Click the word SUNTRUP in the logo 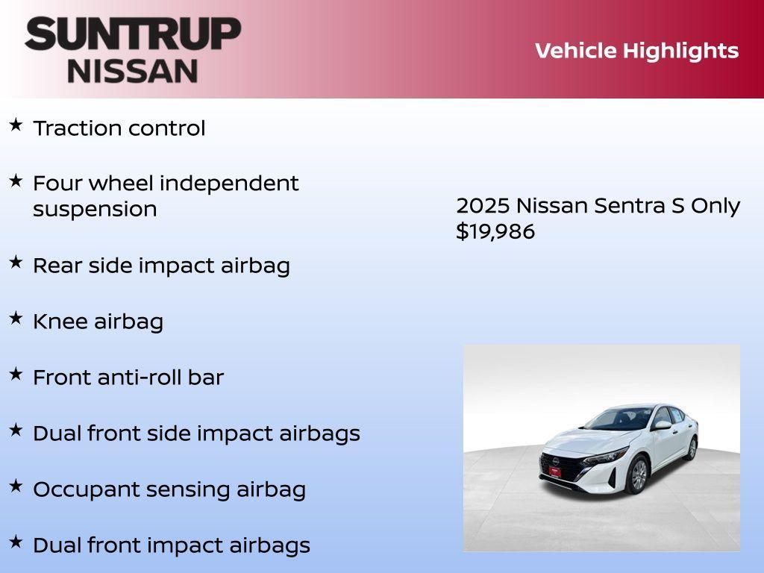click(x=133, y=34)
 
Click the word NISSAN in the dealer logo click(x=133, y=71)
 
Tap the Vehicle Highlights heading click(x=636, y=51)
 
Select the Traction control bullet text click(x=119, y=128)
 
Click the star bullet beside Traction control click(x=15, y=125)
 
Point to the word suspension click(x=95, y=210)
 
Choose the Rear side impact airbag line click(x=161, y=266)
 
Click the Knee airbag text click(x=98, y=322)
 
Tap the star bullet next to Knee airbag click(x=15, y=319)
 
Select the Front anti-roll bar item click(x=128, y=378)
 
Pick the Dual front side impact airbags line click(x=196, y=433)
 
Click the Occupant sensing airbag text click(x=169, y=489)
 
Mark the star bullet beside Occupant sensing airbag click(x=15, y=486)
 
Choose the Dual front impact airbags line click(x=171, y=545)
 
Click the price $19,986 click(x=495, y=232)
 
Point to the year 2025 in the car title click(x=483, y=206)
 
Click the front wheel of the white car click(x=637, y=475)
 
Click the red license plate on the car click(x=554, y=471)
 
